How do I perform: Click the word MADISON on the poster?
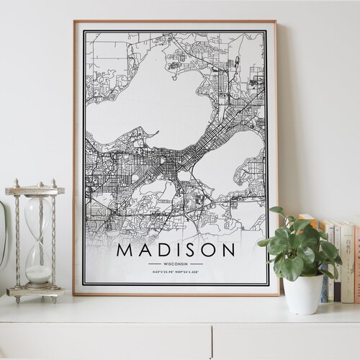pos(175,251)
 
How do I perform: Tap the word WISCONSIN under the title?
pos(175,264)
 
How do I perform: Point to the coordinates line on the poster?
pos(175,271)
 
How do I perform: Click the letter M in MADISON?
pos(125,251)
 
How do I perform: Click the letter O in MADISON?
pos(208,251)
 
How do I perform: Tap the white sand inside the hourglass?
pos(38,274)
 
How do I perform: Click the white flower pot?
pos(303,294)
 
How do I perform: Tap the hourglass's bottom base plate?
pos(36,292)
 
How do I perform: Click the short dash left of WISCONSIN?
pos(155,264)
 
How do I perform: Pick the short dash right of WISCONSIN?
pos(196,264)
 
